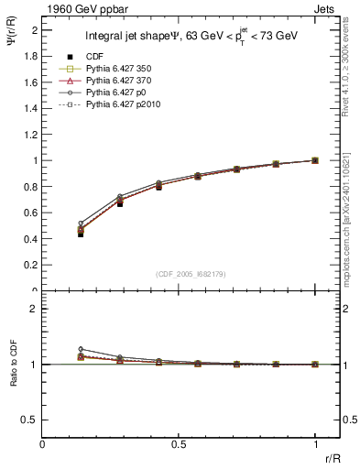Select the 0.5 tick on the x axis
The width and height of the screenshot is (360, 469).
click(179, 444)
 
